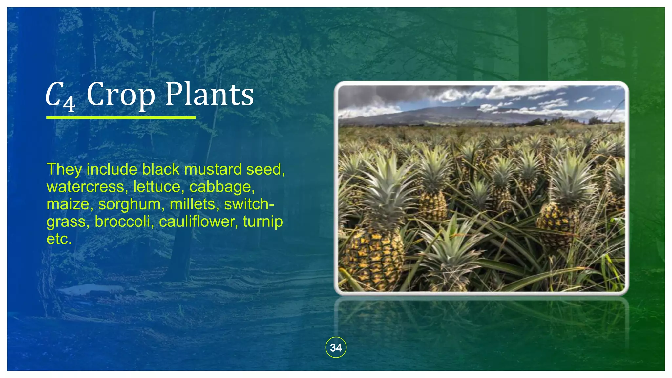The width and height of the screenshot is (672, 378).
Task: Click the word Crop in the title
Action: click(120, 95)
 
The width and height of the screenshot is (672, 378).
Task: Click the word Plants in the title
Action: click(209, 94)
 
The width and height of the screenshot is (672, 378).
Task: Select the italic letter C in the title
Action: click(54, 95)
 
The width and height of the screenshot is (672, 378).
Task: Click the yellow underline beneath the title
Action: click(121, 117)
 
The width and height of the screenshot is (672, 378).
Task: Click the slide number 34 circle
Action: click(336, 347)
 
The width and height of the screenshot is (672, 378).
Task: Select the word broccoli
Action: click(122, 222)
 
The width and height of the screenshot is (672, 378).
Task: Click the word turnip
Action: click(262, 222)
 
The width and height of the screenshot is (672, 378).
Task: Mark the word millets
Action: click(193, 204)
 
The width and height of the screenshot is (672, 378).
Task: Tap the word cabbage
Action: click(221, 187)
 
